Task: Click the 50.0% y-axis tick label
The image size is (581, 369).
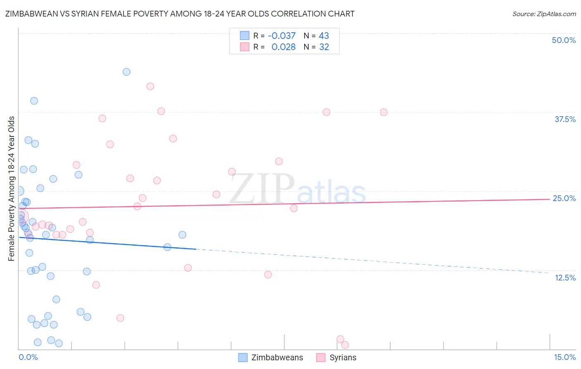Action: (564, 40)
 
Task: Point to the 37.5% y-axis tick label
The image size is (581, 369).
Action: (565, 119)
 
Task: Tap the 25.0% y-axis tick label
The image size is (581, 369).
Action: (564, 198)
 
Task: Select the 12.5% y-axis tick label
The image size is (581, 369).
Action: (565, 278)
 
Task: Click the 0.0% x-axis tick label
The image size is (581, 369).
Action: (28, 357)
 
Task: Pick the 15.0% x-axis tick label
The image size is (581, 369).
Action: (564, 357)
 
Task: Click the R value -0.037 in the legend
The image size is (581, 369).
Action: (281, 36)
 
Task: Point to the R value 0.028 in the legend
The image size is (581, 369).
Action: (283, 47)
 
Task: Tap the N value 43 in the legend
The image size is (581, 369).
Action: (324, 36)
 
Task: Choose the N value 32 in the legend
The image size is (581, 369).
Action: (324, 47)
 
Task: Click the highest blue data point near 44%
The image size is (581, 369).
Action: (126, 72)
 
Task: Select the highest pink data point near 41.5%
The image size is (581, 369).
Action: (150, 86)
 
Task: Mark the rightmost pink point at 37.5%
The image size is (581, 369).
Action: (383, 112)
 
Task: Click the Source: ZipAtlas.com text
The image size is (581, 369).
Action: (544, 14)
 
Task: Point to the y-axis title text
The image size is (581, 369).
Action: (12, 189)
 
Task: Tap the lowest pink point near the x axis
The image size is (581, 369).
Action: (345, 345)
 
